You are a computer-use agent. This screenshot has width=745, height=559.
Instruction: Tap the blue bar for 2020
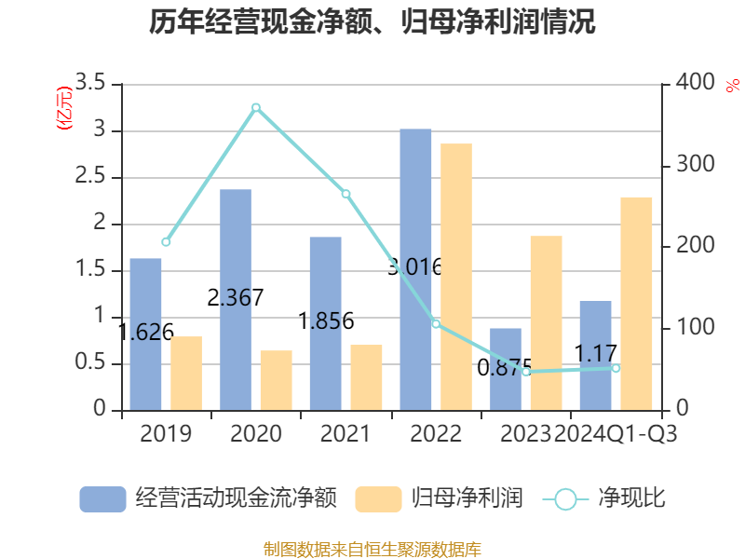coord(236,299)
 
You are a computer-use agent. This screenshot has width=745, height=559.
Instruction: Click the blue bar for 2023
coord(506,369)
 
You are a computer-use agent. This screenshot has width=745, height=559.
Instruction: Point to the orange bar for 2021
coord(366,377)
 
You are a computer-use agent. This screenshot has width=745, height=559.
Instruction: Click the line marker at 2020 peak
coord(256,107)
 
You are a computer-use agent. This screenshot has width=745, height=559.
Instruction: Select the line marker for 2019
coord(166,242)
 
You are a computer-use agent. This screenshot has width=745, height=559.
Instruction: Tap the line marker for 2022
coord(436,323)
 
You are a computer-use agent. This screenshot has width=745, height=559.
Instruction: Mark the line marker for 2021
coord(345,194)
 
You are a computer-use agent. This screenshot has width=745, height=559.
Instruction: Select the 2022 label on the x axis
coord(436,434)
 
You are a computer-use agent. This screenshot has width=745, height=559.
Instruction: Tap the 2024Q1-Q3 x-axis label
coord(616,434)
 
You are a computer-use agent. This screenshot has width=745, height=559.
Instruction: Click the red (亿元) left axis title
coord(64,110)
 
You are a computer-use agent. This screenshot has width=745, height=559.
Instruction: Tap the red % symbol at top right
coord(733,85)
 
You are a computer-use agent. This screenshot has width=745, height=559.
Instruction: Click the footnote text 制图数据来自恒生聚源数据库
coord(372,549)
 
